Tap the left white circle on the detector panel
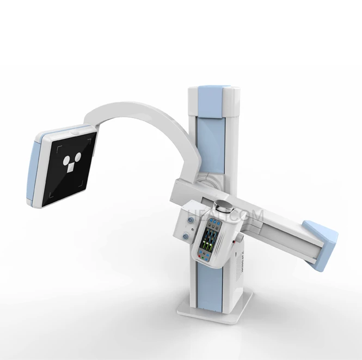pyautogui.click(x=65, y=159)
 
